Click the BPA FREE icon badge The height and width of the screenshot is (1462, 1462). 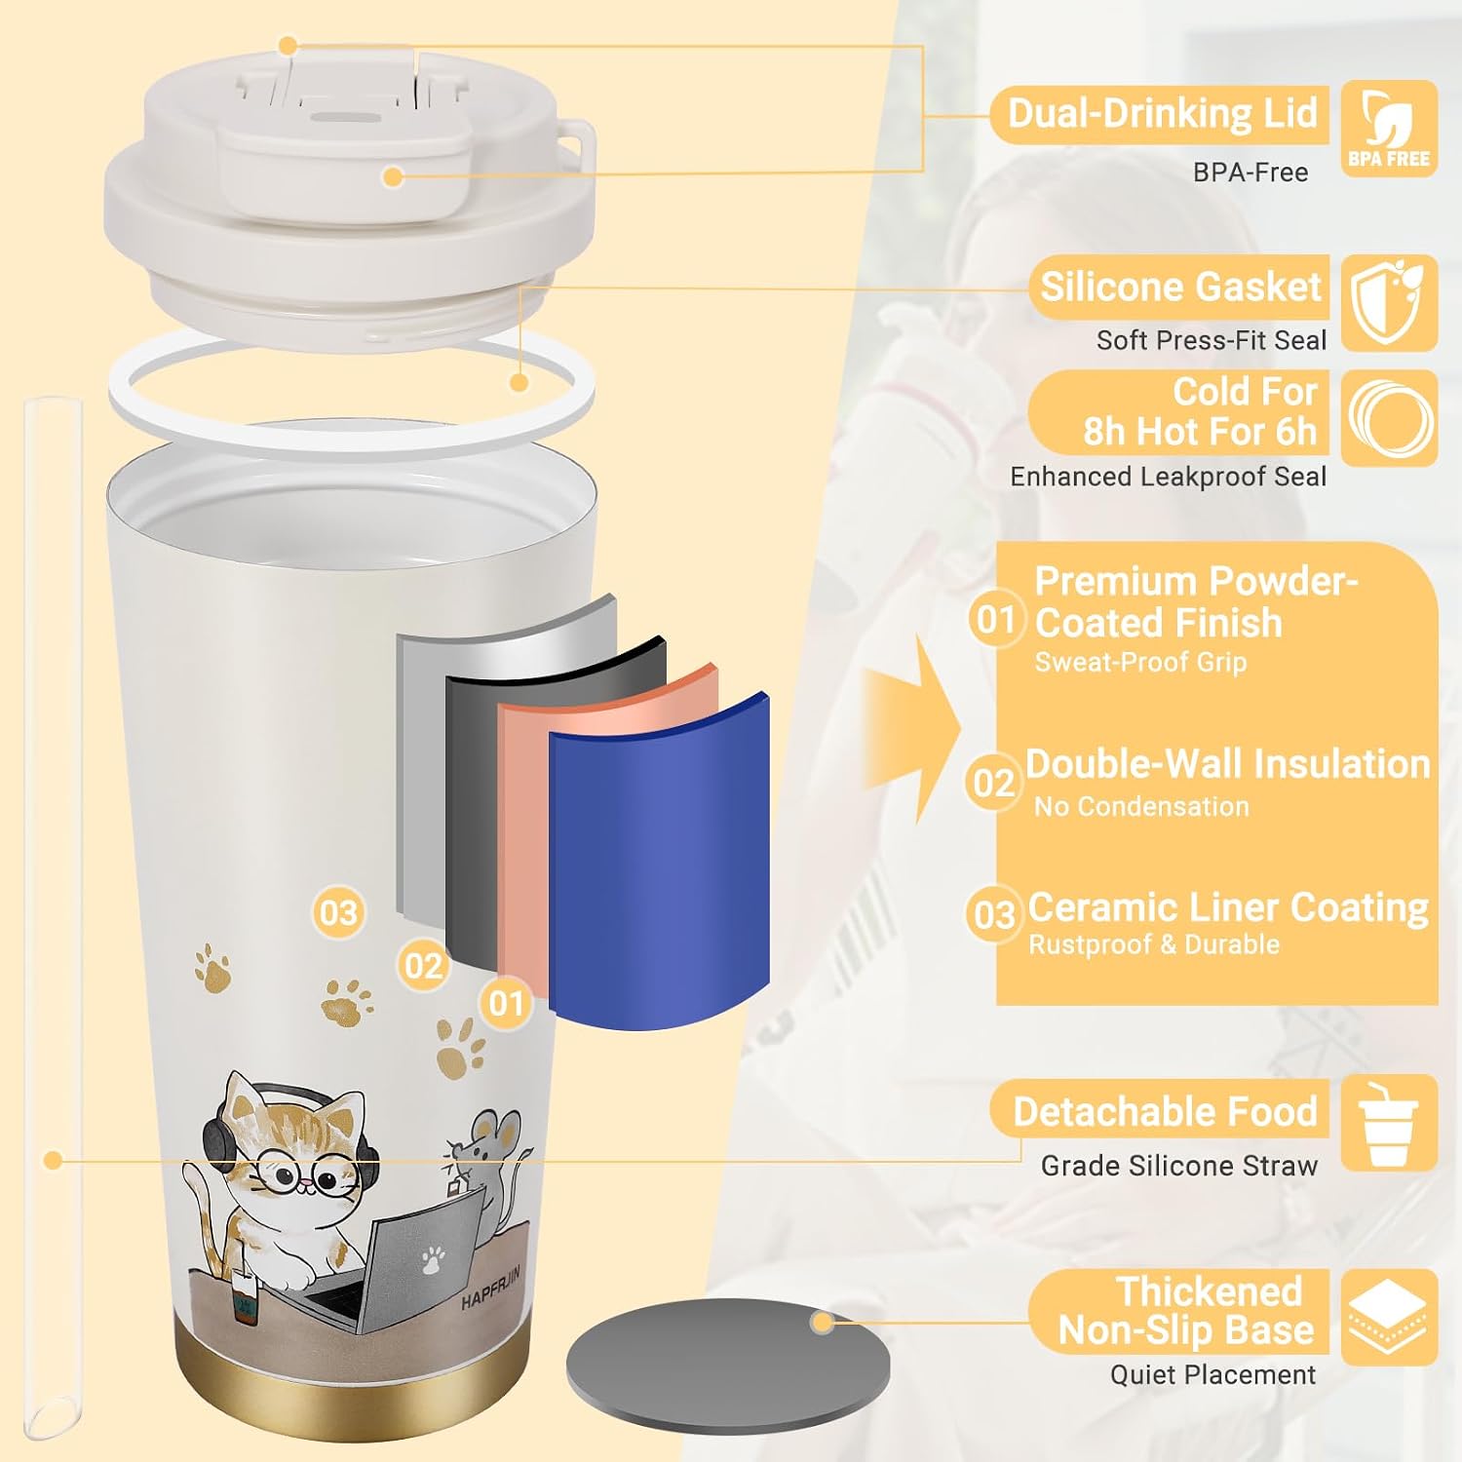pyautogui.click(x=1389, y=129)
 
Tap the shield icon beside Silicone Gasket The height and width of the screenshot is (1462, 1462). pyautogui.click(x=1389, y=302)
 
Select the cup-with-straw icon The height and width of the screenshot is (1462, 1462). pyautogui.click(x=1389, y=1123)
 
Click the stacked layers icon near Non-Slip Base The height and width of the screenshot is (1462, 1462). pyautogui.click(x=1389, y=1317)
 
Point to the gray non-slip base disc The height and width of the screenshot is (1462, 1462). pyautogui.click(x=728, y=1366)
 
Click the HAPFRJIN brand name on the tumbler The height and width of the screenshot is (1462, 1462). pyautogui.click(x=491, y=1288)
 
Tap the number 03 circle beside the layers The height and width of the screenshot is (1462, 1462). pyautogui.click(x=338, y=913)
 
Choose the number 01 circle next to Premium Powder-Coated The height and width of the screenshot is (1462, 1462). pyautogui.click(x=996, y=619)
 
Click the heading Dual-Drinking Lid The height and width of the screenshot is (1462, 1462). pyautogui.click(x=1162, y=113)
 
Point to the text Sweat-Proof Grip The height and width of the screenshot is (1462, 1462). pyautogui.click(x=1140, y=663)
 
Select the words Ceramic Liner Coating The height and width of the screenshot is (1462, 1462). pyautogui.click(x=1228, y=907)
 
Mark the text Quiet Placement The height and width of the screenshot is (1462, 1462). pyautogui.click(x=1212, y=1374)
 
